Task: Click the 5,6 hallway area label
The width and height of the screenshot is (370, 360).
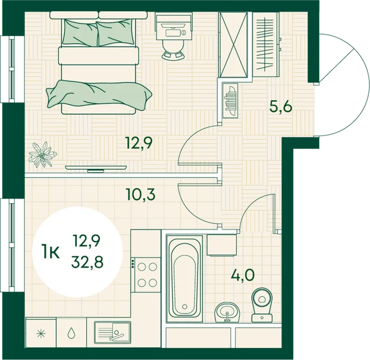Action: (280, 106)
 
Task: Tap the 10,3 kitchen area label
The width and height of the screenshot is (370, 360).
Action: (140, 194)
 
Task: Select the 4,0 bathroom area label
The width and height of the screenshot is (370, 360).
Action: (243, 275)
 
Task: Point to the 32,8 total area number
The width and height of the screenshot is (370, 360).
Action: (87, 262)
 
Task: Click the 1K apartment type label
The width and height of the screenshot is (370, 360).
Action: (50, 251)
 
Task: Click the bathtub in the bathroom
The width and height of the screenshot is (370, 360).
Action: (185, 278)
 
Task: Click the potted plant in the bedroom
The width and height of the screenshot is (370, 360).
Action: (43, 155)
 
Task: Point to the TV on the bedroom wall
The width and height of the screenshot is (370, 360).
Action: (96, 168)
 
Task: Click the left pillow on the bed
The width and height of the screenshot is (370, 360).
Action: (80, 32)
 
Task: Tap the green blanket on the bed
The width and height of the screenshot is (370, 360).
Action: (99, 94)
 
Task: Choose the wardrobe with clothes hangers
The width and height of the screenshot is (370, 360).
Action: (266, 44)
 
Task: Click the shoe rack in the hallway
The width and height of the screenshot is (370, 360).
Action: (231, 101)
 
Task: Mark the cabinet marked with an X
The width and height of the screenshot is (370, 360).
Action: (233, 45)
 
